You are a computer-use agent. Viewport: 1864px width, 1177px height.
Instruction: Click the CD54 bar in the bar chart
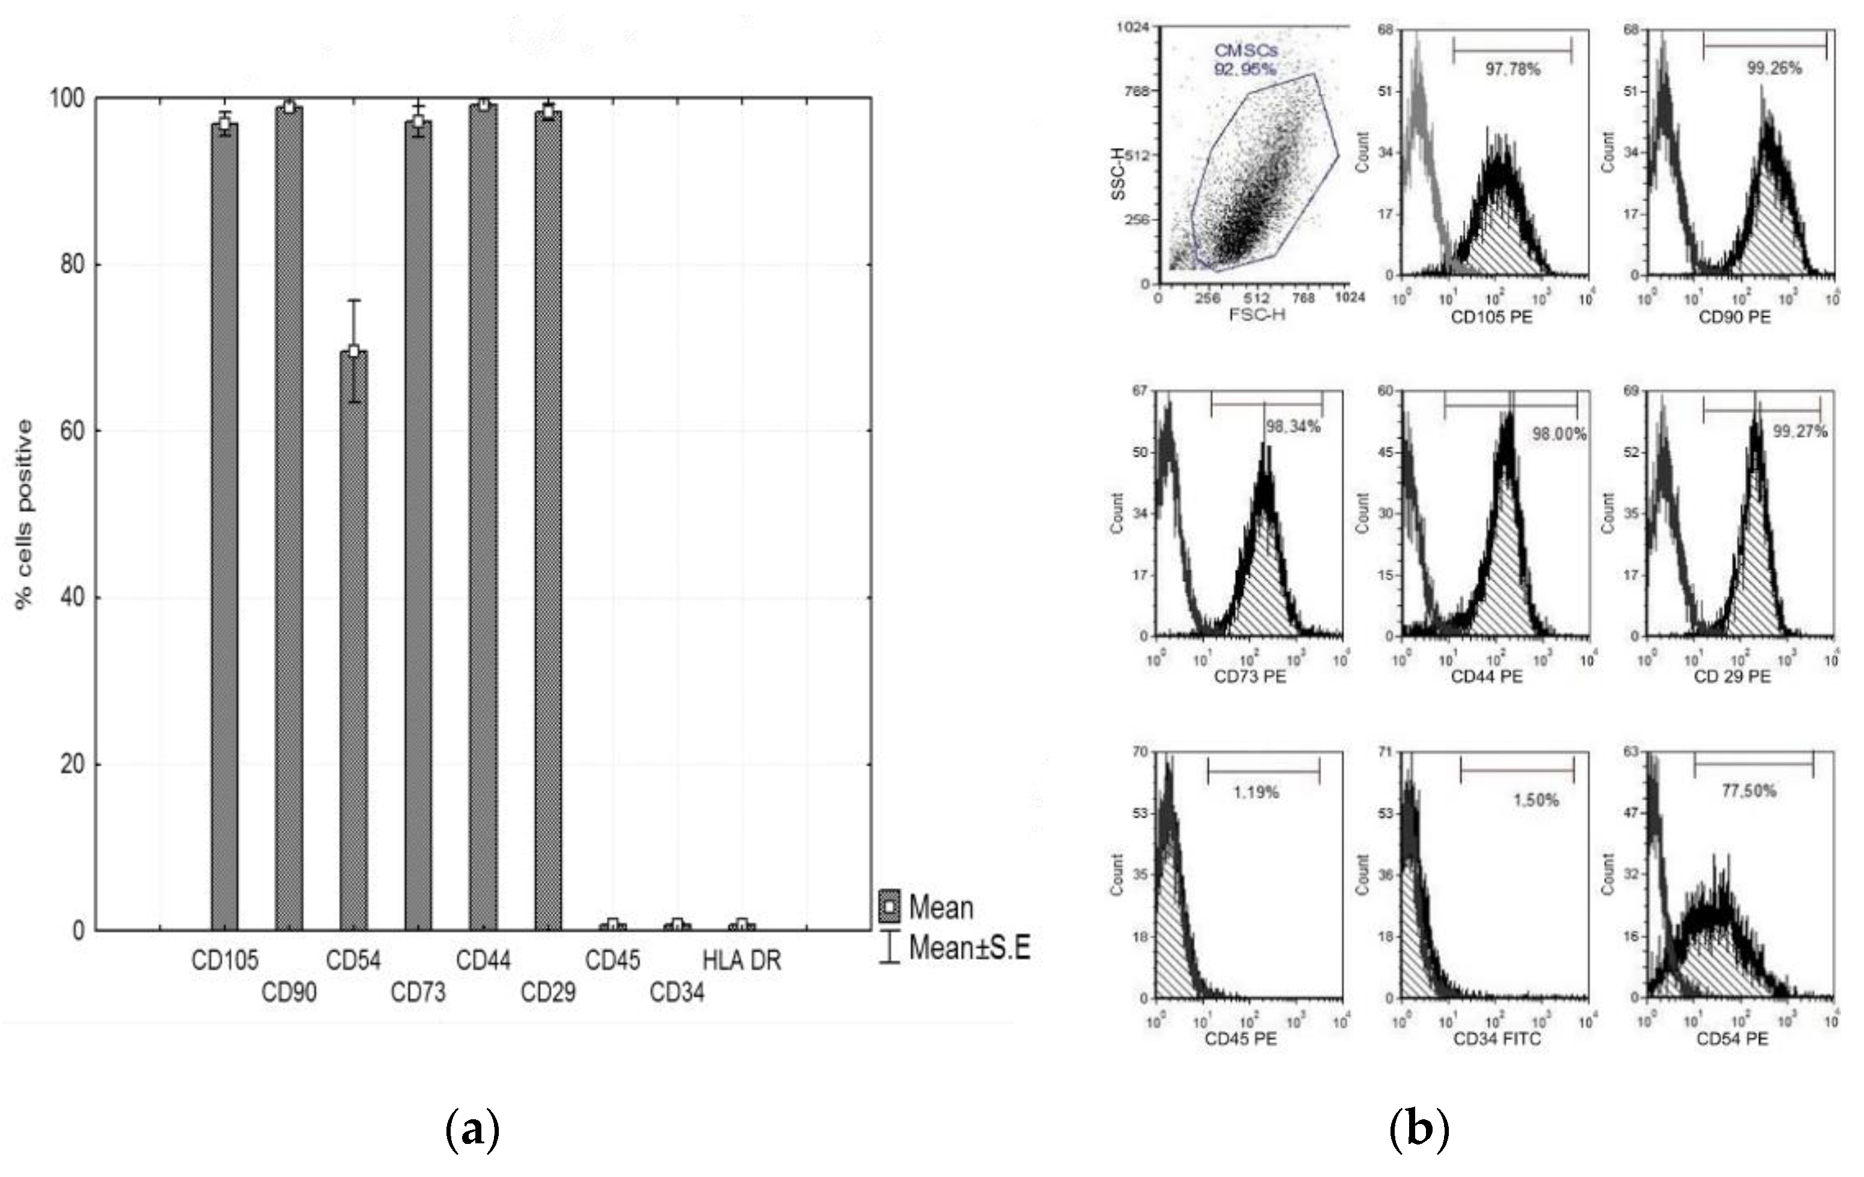click(354, 642)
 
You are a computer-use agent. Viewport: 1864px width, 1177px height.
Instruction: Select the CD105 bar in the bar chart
click(224, 526)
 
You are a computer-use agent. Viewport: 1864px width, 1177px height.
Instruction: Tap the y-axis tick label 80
click(72, 265)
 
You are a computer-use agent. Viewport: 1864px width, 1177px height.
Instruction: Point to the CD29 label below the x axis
click(548, 992)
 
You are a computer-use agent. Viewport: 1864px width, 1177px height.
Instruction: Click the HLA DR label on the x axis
click(742, 960)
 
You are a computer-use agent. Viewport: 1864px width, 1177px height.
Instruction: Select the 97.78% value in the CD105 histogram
click(1513, 70)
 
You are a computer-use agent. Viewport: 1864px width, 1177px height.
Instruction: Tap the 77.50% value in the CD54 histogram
click(1748, 791)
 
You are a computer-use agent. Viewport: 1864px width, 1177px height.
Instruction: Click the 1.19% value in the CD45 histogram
click(1256, 793)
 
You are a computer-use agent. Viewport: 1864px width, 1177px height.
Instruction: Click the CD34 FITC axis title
click(1497, 1039)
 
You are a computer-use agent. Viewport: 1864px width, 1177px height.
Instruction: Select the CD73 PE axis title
click(1250, 677)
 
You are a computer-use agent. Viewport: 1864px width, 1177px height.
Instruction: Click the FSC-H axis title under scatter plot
click(1257, 314)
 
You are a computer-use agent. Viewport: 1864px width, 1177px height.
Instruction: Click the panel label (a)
click(473, 1131)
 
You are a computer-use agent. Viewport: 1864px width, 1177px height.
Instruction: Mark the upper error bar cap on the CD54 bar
click(354, 300)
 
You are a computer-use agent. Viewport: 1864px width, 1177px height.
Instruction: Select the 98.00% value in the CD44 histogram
click(1559, 434)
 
